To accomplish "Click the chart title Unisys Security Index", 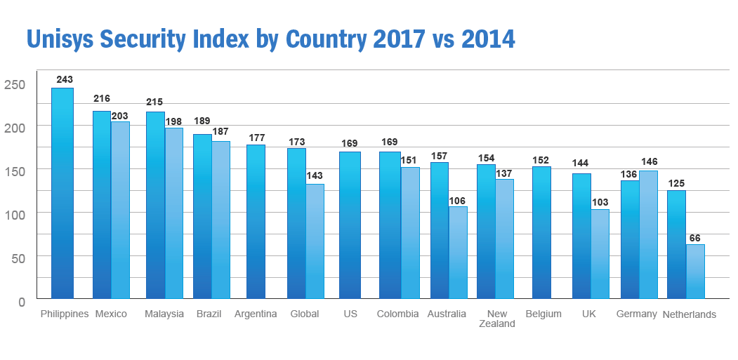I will [x=270, y=39].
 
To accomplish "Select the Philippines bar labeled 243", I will [x=62, y=193].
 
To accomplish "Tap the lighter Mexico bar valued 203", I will [x=120, y=210].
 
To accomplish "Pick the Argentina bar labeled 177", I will [x=256, y=221].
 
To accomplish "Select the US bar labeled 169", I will [x=350, y=225].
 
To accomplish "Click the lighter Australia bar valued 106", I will [x=458, y=252].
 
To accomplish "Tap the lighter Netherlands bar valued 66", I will [x=695, y=271].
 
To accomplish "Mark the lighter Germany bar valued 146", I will [x=648, y=234].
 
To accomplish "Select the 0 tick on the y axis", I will [x=21, y=302].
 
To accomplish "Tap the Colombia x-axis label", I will [x=397, y=314].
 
